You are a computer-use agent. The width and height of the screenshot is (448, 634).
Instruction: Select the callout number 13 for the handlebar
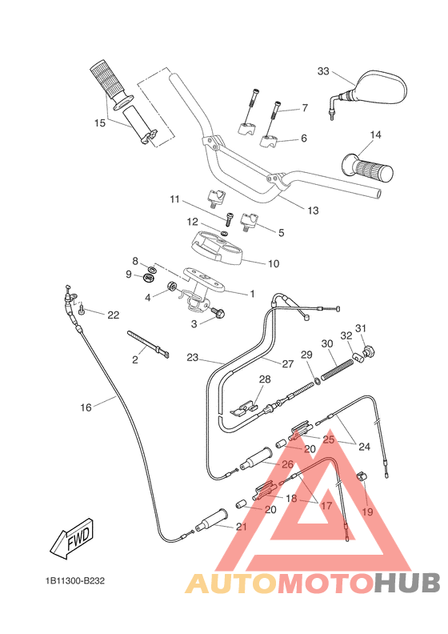pos(312,211)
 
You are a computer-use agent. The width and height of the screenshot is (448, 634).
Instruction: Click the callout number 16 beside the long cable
pos(86,407)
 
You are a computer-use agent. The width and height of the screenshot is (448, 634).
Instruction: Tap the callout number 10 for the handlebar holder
pos(273,263)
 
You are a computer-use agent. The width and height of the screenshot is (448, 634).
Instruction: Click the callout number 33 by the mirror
pos(323,71)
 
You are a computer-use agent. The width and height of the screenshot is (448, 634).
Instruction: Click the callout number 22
pos(113,315)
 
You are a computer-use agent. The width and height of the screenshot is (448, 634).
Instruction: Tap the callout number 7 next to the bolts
pos(304,107)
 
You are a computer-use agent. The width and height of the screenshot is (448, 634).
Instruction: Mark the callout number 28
pos(265,379)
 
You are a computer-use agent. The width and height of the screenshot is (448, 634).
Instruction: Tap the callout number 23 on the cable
pos(192,357)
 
